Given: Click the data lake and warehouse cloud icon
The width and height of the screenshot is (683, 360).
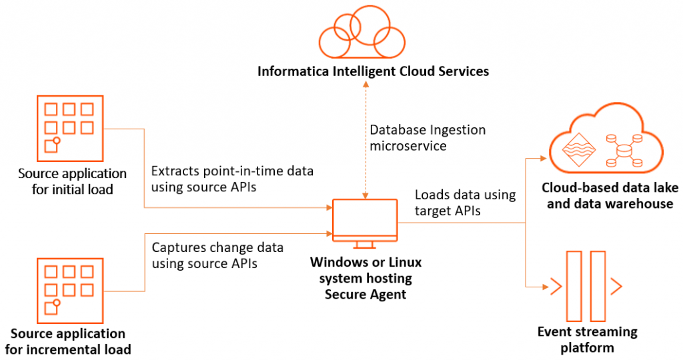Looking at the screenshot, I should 606,144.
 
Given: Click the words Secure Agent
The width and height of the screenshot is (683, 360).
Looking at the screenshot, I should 365,294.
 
